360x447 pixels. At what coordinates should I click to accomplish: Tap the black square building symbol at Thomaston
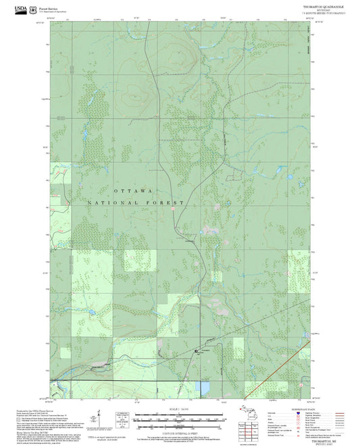click(x=197, y=351)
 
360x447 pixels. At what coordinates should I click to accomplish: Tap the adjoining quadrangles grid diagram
click(x=246, y=436)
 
